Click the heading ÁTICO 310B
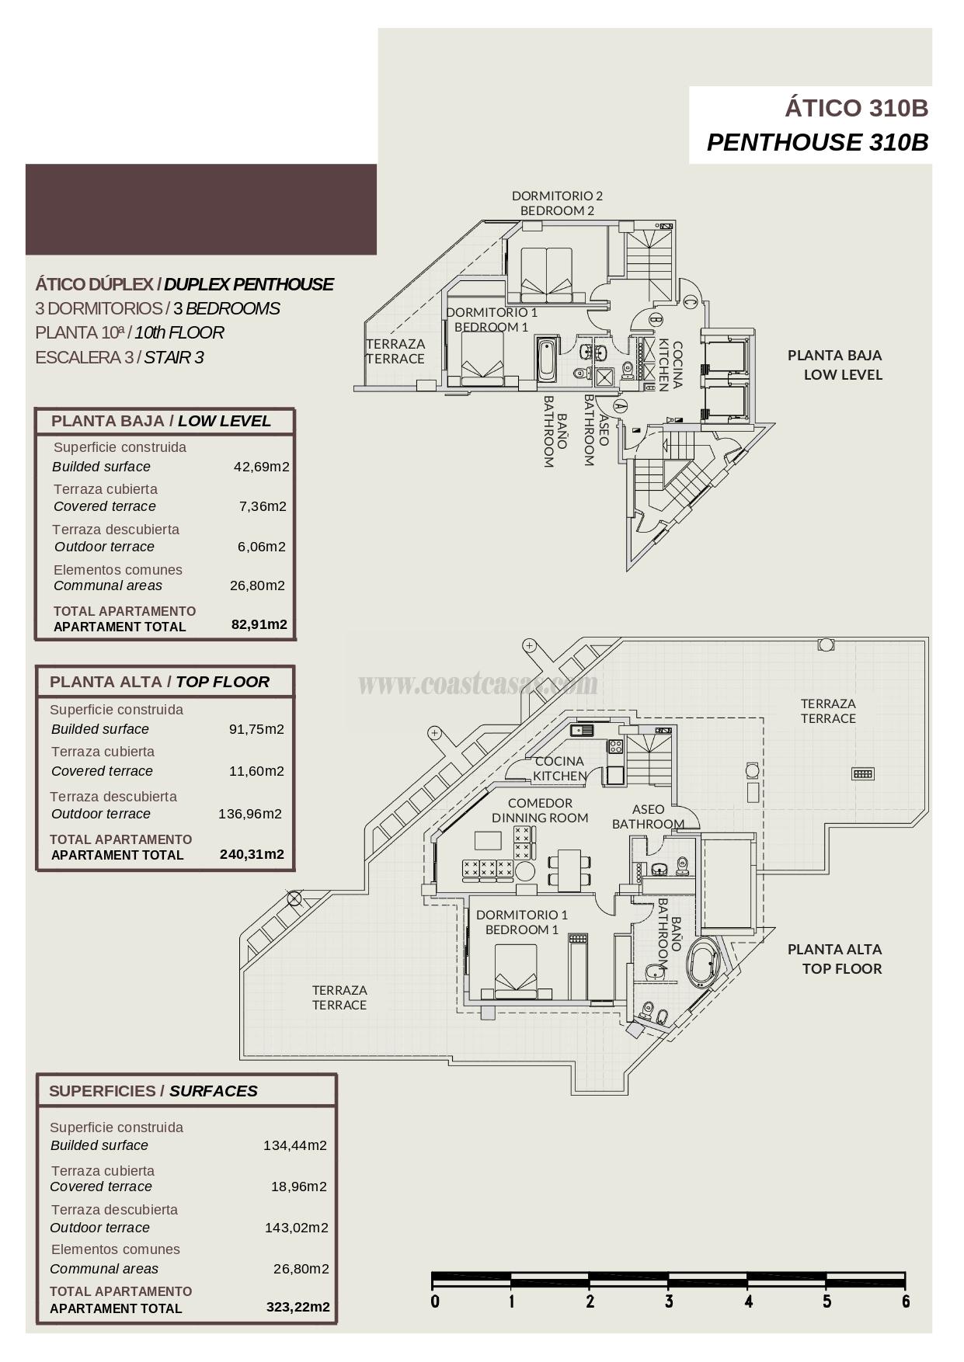click(856, 108)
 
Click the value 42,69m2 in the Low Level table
click(261, 467)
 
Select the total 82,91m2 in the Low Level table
click(259, 624)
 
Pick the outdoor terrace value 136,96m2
click(249, 814)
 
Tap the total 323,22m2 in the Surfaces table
click(298, 1307)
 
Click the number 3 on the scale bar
click(669, 1302)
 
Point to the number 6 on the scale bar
click(906, 1302)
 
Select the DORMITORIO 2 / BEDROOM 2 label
click(557, 203)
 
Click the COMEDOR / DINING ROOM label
click(540, 810)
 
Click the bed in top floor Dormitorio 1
click(516, 971)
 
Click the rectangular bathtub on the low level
click(547, 360)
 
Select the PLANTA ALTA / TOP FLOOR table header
click(159, 682)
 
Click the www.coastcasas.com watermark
click(478, 684)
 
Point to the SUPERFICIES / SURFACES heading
click(153, 1091)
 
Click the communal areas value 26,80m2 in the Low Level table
click(257, 585)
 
